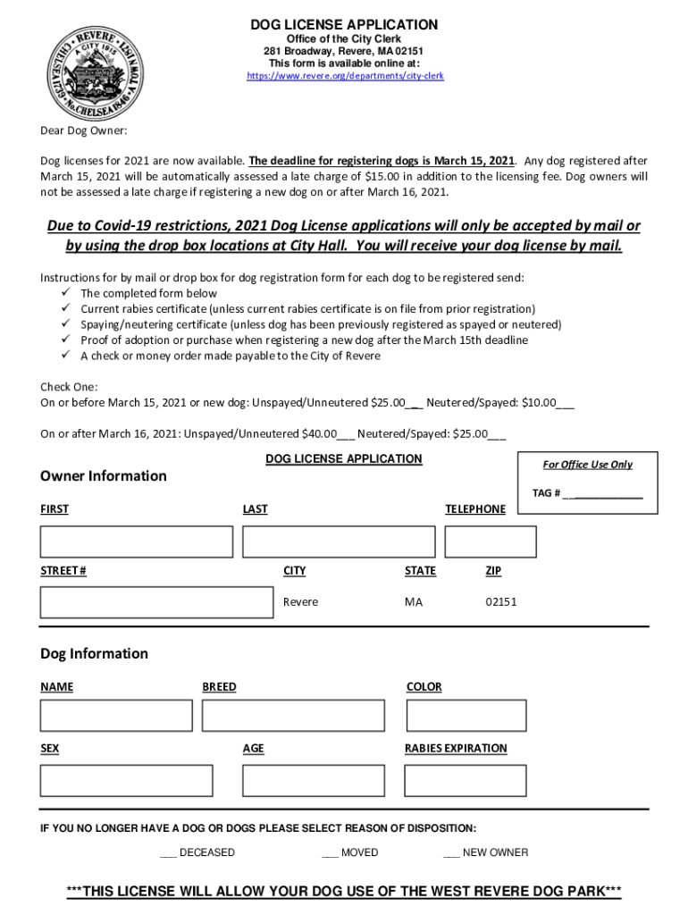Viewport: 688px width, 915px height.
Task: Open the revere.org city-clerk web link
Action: pos(345,77)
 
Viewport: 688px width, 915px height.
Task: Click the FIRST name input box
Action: pos(136,541)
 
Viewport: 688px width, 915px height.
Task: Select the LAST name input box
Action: pos(339,541)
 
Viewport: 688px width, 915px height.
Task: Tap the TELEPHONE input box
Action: pos(491,541)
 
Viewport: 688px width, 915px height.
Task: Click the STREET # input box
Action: pos(156,602)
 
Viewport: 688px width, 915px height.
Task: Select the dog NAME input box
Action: pos(116,716)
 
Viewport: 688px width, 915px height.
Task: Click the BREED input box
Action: pos(293,716)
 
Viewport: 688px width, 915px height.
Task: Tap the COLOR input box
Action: pos(466,716)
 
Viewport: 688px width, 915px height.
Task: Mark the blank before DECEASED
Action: pos(168,853)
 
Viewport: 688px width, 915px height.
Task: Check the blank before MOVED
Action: pos(330,853)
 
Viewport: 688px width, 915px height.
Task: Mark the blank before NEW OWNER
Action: pos(451,853)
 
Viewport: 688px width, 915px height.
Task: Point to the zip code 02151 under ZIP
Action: pos(501,602)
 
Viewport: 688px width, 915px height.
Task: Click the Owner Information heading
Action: pos(104,476)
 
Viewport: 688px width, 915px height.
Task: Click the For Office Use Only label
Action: pos(587,465)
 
